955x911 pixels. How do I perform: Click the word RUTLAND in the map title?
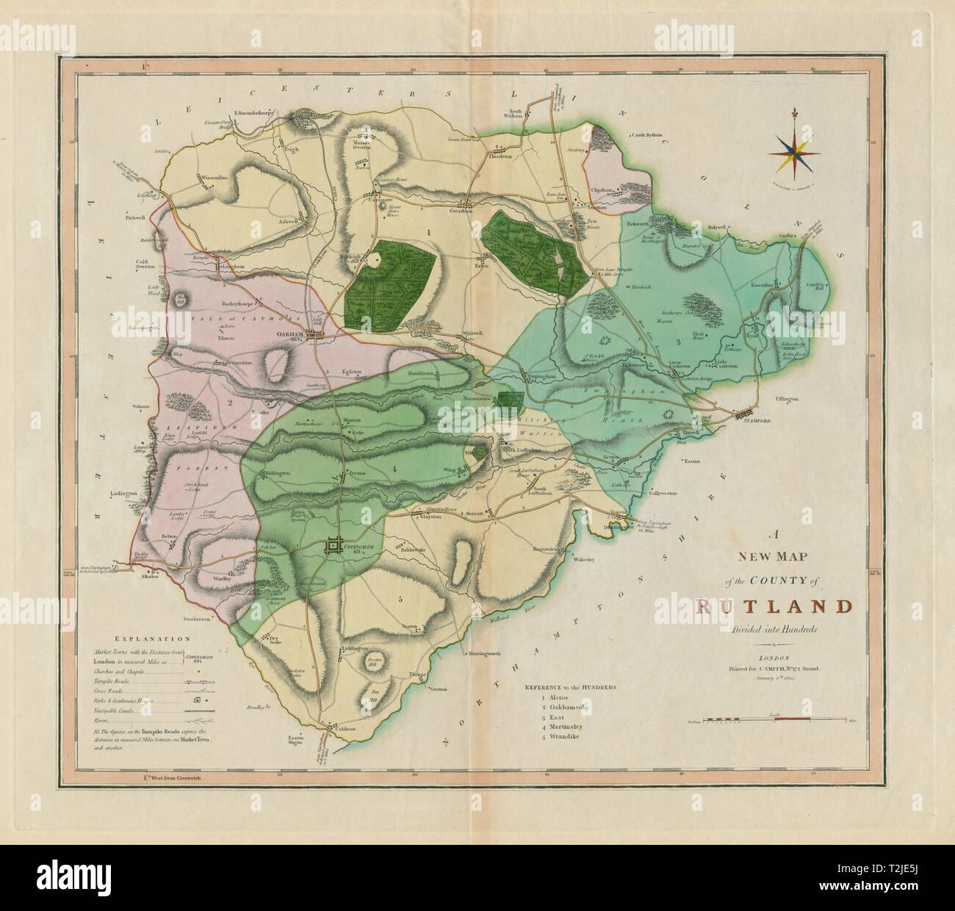(x=774, y=607)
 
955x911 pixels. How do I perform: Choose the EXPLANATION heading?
(x=148, y=640)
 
